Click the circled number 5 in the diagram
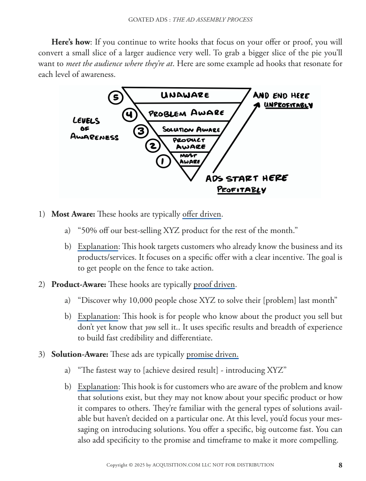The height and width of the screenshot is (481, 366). point(115,97)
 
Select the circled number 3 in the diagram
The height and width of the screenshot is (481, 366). point(141,131)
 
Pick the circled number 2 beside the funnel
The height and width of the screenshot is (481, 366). point(152,146)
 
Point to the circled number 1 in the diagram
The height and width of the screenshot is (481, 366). point(162,161)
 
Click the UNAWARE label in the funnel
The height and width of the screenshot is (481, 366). point(185,95)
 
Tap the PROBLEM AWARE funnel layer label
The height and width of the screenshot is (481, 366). point(186,113)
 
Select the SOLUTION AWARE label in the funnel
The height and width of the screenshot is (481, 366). point(191,129)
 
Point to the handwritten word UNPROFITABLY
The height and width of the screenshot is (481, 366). point(288,105)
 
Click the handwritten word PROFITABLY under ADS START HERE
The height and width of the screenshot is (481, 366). point(242,190)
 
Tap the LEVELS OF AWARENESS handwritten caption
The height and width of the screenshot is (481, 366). point(94,128)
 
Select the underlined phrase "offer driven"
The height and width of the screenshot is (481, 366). point(201,214)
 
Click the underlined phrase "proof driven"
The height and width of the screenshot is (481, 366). point(214,284)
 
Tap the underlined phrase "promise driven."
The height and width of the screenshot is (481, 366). point(213,354)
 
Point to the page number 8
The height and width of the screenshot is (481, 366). point(340,465)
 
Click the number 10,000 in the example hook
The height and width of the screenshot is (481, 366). point(138,300)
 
